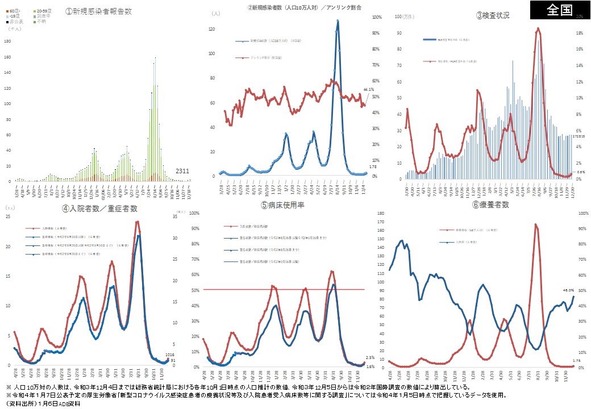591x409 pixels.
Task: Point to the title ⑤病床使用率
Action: click(283, 204)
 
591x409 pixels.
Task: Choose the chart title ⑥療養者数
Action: click(490, 204)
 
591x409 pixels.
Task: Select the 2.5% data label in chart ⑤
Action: click(370, 358)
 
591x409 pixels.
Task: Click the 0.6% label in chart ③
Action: click(581, 172)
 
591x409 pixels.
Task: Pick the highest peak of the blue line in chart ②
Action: click(338, 21)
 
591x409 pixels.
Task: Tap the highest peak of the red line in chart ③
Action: click(538, 28)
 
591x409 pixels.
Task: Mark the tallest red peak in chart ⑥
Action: click(535, 225)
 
